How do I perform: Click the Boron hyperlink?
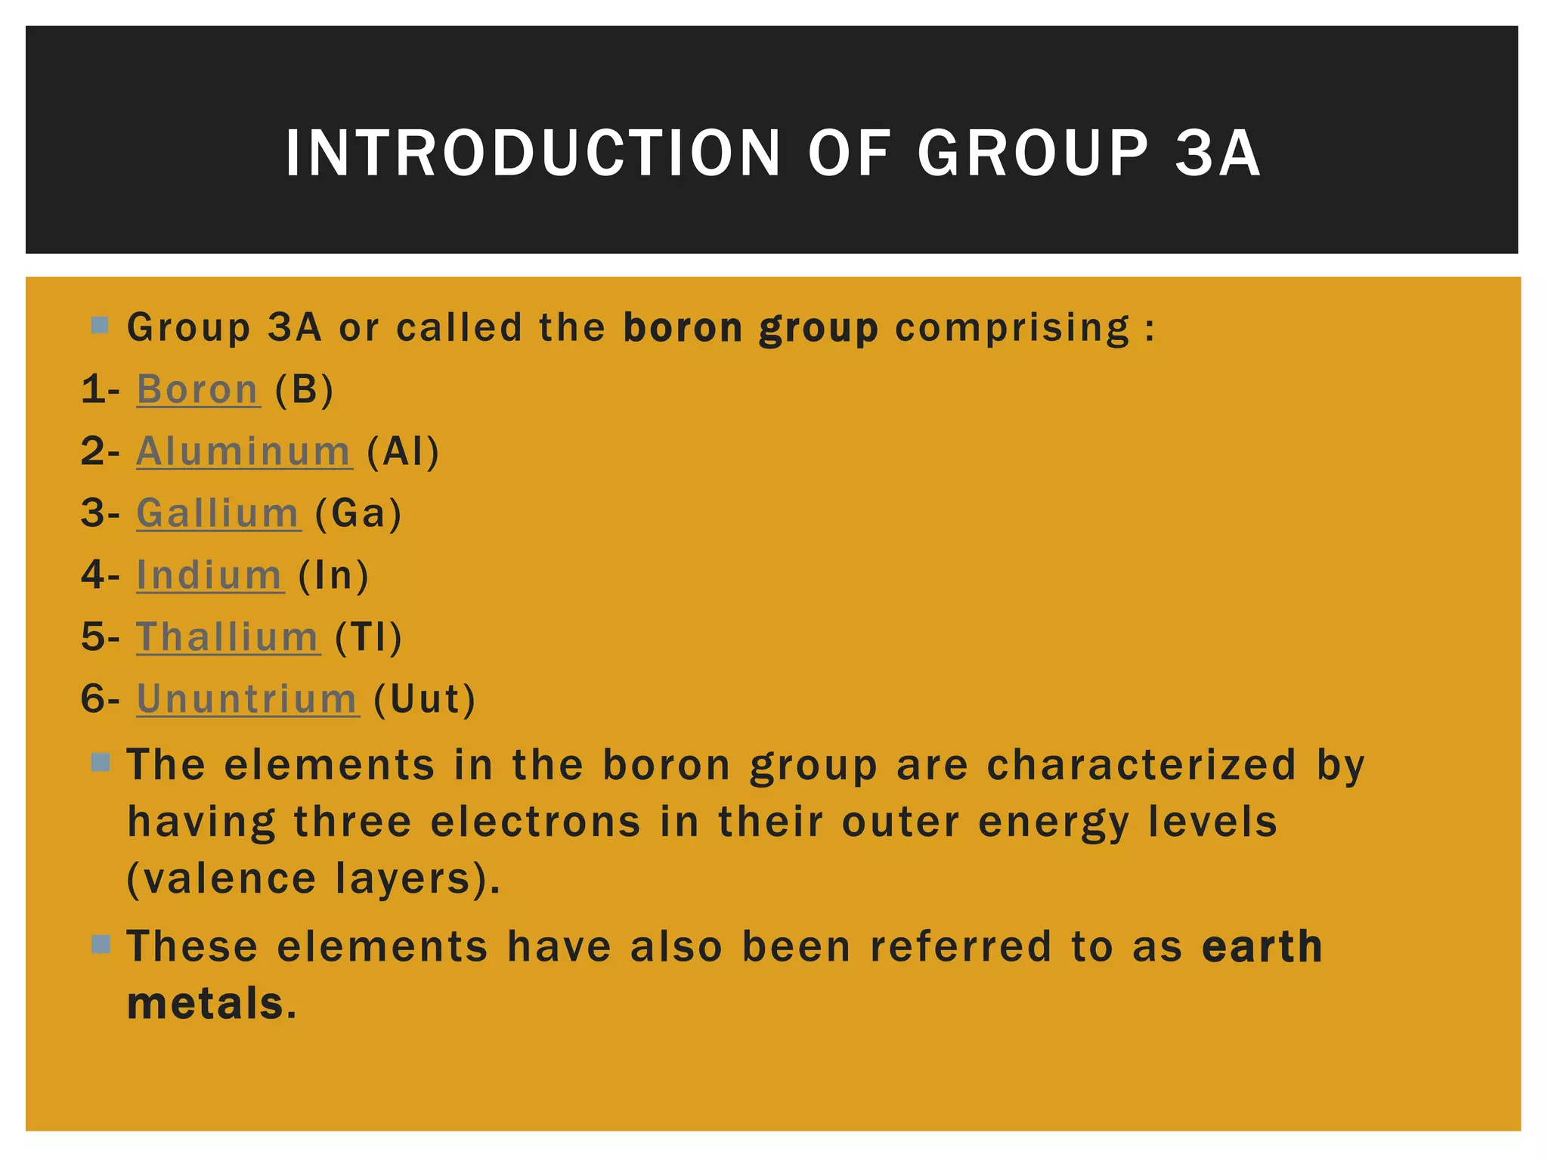198,390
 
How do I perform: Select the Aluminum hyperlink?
243,452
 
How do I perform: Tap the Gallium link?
218,514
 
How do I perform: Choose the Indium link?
209,576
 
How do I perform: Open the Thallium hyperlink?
228,637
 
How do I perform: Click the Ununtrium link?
247,699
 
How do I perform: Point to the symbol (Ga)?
358,515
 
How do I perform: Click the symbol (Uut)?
424,699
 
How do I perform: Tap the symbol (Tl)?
368,637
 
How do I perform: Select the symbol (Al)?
402,452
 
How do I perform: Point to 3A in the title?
1217,153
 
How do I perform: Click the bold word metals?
206,1004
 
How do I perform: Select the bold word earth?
1262,947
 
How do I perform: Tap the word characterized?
1141,765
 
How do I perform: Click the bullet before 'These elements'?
101,944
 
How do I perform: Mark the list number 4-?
101,576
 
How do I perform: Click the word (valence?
221,879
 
